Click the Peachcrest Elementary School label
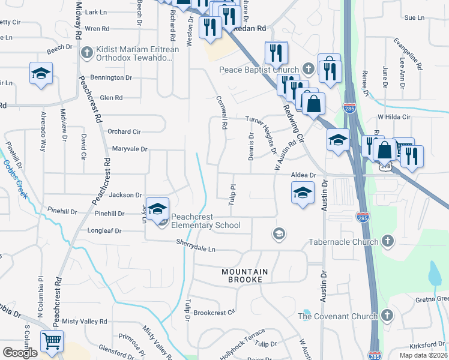(x=205, y=221)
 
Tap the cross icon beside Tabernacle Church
(x=388, y=242)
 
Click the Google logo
(x=20, y=353)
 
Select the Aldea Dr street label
(x=303, y=175)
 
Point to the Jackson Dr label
(x=125, y=195)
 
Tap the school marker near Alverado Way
(x=41, y=74)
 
